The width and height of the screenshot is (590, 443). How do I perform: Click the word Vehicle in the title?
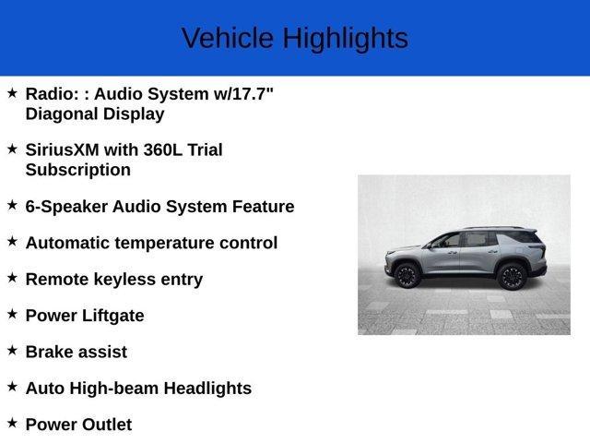[x=227, y=39]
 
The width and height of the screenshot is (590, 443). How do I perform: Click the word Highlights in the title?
[x=345, y=39]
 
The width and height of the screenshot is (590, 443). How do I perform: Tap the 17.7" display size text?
[x=244, y=93]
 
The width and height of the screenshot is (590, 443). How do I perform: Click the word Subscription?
[x=78, y=170]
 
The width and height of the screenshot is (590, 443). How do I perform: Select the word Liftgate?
[x=112, y=316]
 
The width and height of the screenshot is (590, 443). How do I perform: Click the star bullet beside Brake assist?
[x=12, y=351]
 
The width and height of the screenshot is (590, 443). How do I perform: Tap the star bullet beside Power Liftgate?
[x=12, y=314]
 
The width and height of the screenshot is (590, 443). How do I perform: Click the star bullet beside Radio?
[x=12, y=92]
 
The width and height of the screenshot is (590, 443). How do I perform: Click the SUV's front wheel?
[x=407, y=275]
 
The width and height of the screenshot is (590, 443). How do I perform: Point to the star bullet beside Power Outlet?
[x=12, y=423]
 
